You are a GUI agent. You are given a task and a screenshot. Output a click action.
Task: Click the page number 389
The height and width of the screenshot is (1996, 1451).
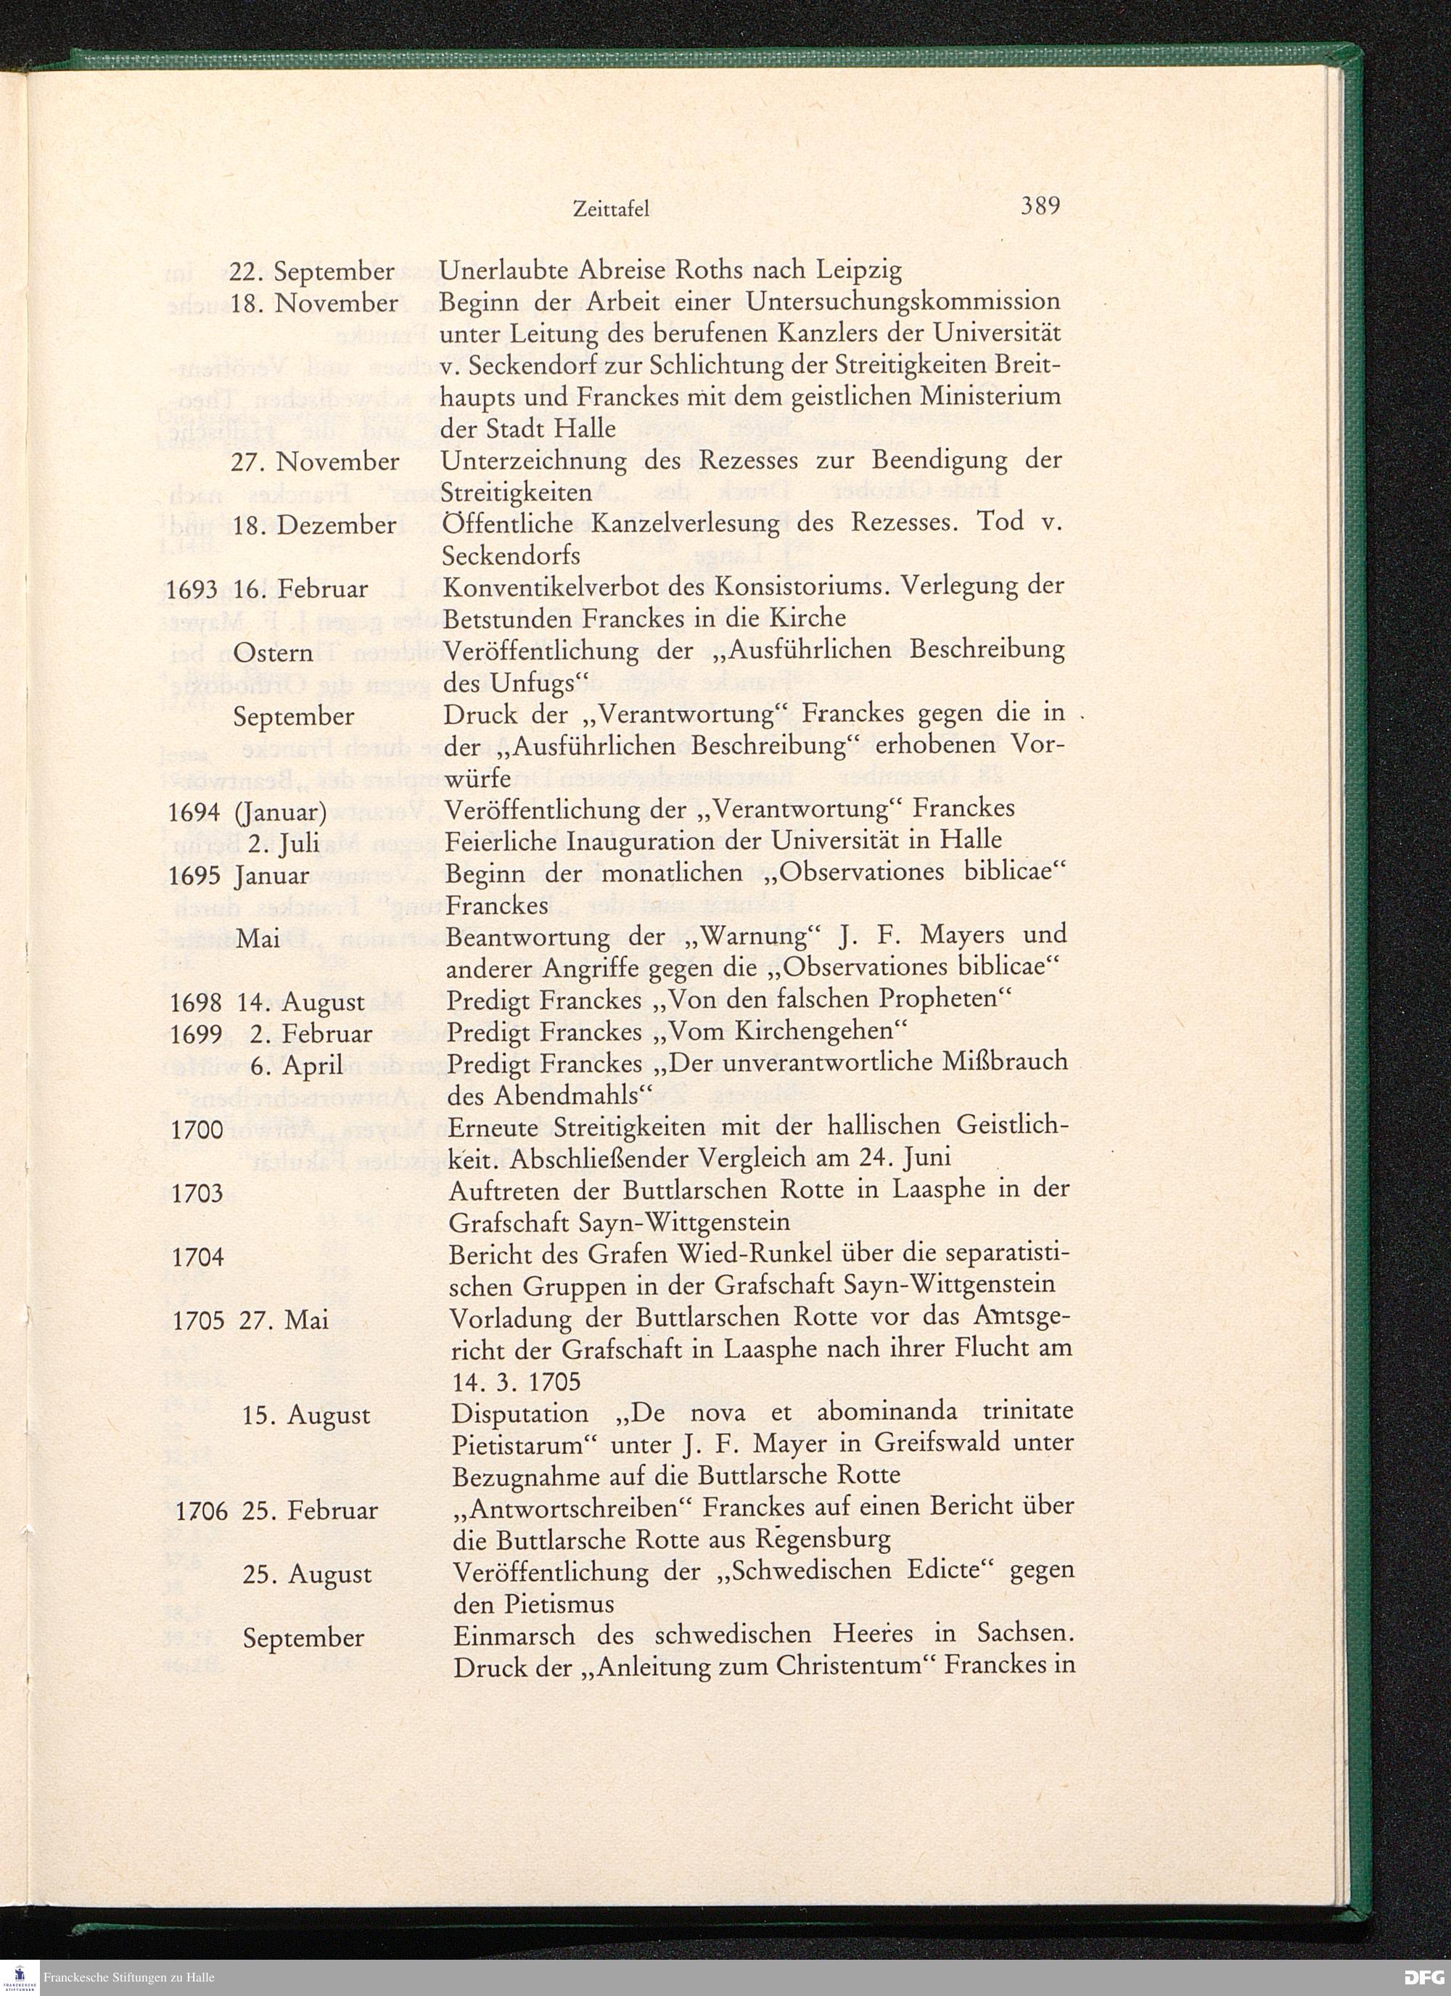pyautogui.click(x=1040, y=206)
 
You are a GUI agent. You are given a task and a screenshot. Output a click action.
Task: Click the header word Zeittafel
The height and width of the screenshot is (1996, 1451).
pyautogui.click(x=611, y=210)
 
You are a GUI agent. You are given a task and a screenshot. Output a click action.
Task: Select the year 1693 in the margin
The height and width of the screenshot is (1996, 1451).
pyautogui.click(x=192, y=588)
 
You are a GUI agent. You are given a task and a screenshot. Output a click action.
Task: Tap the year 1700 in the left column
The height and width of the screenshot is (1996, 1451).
pyautogui.click(x=197, y=1129)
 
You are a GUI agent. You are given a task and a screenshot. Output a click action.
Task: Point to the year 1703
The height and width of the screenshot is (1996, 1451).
pyautogui.click(x=197, y=1194)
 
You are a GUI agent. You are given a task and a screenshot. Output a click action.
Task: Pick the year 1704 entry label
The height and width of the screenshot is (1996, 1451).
pyautogui.click(x=198, y=1257)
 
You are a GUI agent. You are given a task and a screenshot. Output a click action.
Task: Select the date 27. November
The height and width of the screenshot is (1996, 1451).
pyautogui.click(x=315, y=461)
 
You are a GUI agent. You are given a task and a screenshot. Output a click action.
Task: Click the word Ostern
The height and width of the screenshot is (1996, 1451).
pyautogui.click(x=273, y=653)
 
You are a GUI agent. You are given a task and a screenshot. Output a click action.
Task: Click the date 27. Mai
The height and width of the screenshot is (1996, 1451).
pyautogui.click(x=284, y=1320)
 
